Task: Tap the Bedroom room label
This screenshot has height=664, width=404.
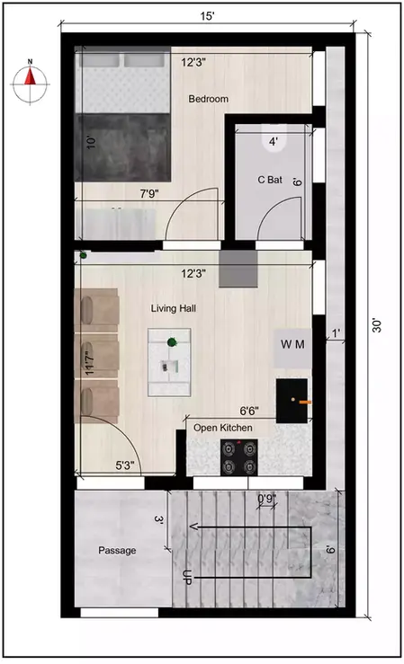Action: click(208, 99)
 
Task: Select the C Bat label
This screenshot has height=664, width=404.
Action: click(269, 180)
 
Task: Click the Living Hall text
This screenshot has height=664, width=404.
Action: click(174, 308)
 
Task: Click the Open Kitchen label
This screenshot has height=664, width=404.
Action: click(223, 428)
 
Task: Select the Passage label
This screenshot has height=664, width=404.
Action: click(117, 551)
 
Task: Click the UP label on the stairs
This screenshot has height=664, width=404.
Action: click(188, 577)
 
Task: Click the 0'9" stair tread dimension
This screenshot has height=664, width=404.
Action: click(266, 498)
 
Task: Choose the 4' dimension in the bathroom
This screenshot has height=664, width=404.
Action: click(274, 141)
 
